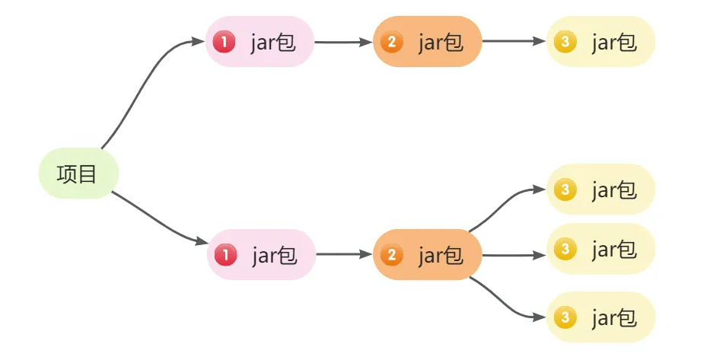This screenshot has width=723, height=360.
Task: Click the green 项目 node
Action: point(78,174)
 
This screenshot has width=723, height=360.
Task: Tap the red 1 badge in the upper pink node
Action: point(224,43)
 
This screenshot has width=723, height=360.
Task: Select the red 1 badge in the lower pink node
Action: point(225,255)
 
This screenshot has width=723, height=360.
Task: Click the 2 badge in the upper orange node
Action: point(392,43)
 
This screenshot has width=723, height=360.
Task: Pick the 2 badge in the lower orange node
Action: point(392,255)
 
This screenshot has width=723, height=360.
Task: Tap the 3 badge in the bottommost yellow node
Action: point(565,317)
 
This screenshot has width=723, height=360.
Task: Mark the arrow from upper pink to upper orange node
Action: point(343,43)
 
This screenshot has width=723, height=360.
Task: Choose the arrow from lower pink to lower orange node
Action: point(344,254)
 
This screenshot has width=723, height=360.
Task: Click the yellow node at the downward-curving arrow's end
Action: point(600,317)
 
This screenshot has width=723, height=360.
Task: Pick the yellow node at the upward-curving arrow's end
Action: point(600,189)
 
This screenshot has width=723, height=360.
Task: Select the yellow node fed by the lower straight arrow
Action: point(600,249)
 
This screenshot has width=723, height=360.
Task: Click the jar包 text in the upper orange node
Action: point(441,43)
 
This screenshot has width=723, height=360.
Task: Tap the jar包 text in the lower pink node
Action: point(274,256)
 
